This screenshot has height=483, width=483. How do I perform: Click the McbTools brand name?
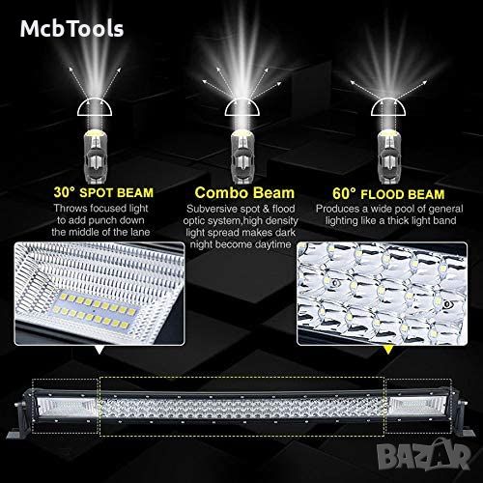[71, 28]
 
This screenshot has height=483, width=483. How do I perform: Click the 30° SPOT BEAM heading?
[103, 192]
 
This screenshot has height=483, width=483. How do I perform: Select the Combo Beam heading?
[244, 193]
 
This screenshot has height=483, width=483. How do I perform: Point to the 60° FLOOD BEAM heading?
[388, 194]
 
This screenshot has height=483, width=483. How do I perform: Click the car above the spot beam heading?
[95, 156]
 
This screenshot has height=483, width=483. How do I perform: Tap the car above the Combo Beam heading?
[242, 156]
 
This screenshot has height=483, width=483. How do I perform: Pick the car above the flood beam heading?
[389, 156]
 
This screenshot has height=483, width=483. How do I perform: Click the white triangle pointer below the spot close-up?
[99, 350]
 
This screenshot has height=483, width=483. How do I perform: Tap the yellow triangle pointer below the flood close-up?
[388, 350]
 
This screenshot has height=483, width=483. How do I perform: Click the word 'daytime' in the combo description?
[272, 244]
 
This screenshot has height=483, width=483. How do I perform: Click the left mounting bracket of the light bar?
[20, 417]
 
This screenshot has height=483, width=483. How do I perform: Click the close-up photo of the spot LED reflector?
[99, 294]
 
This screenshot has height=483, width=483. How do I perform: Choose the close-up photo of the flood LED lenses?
[383, 294]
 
